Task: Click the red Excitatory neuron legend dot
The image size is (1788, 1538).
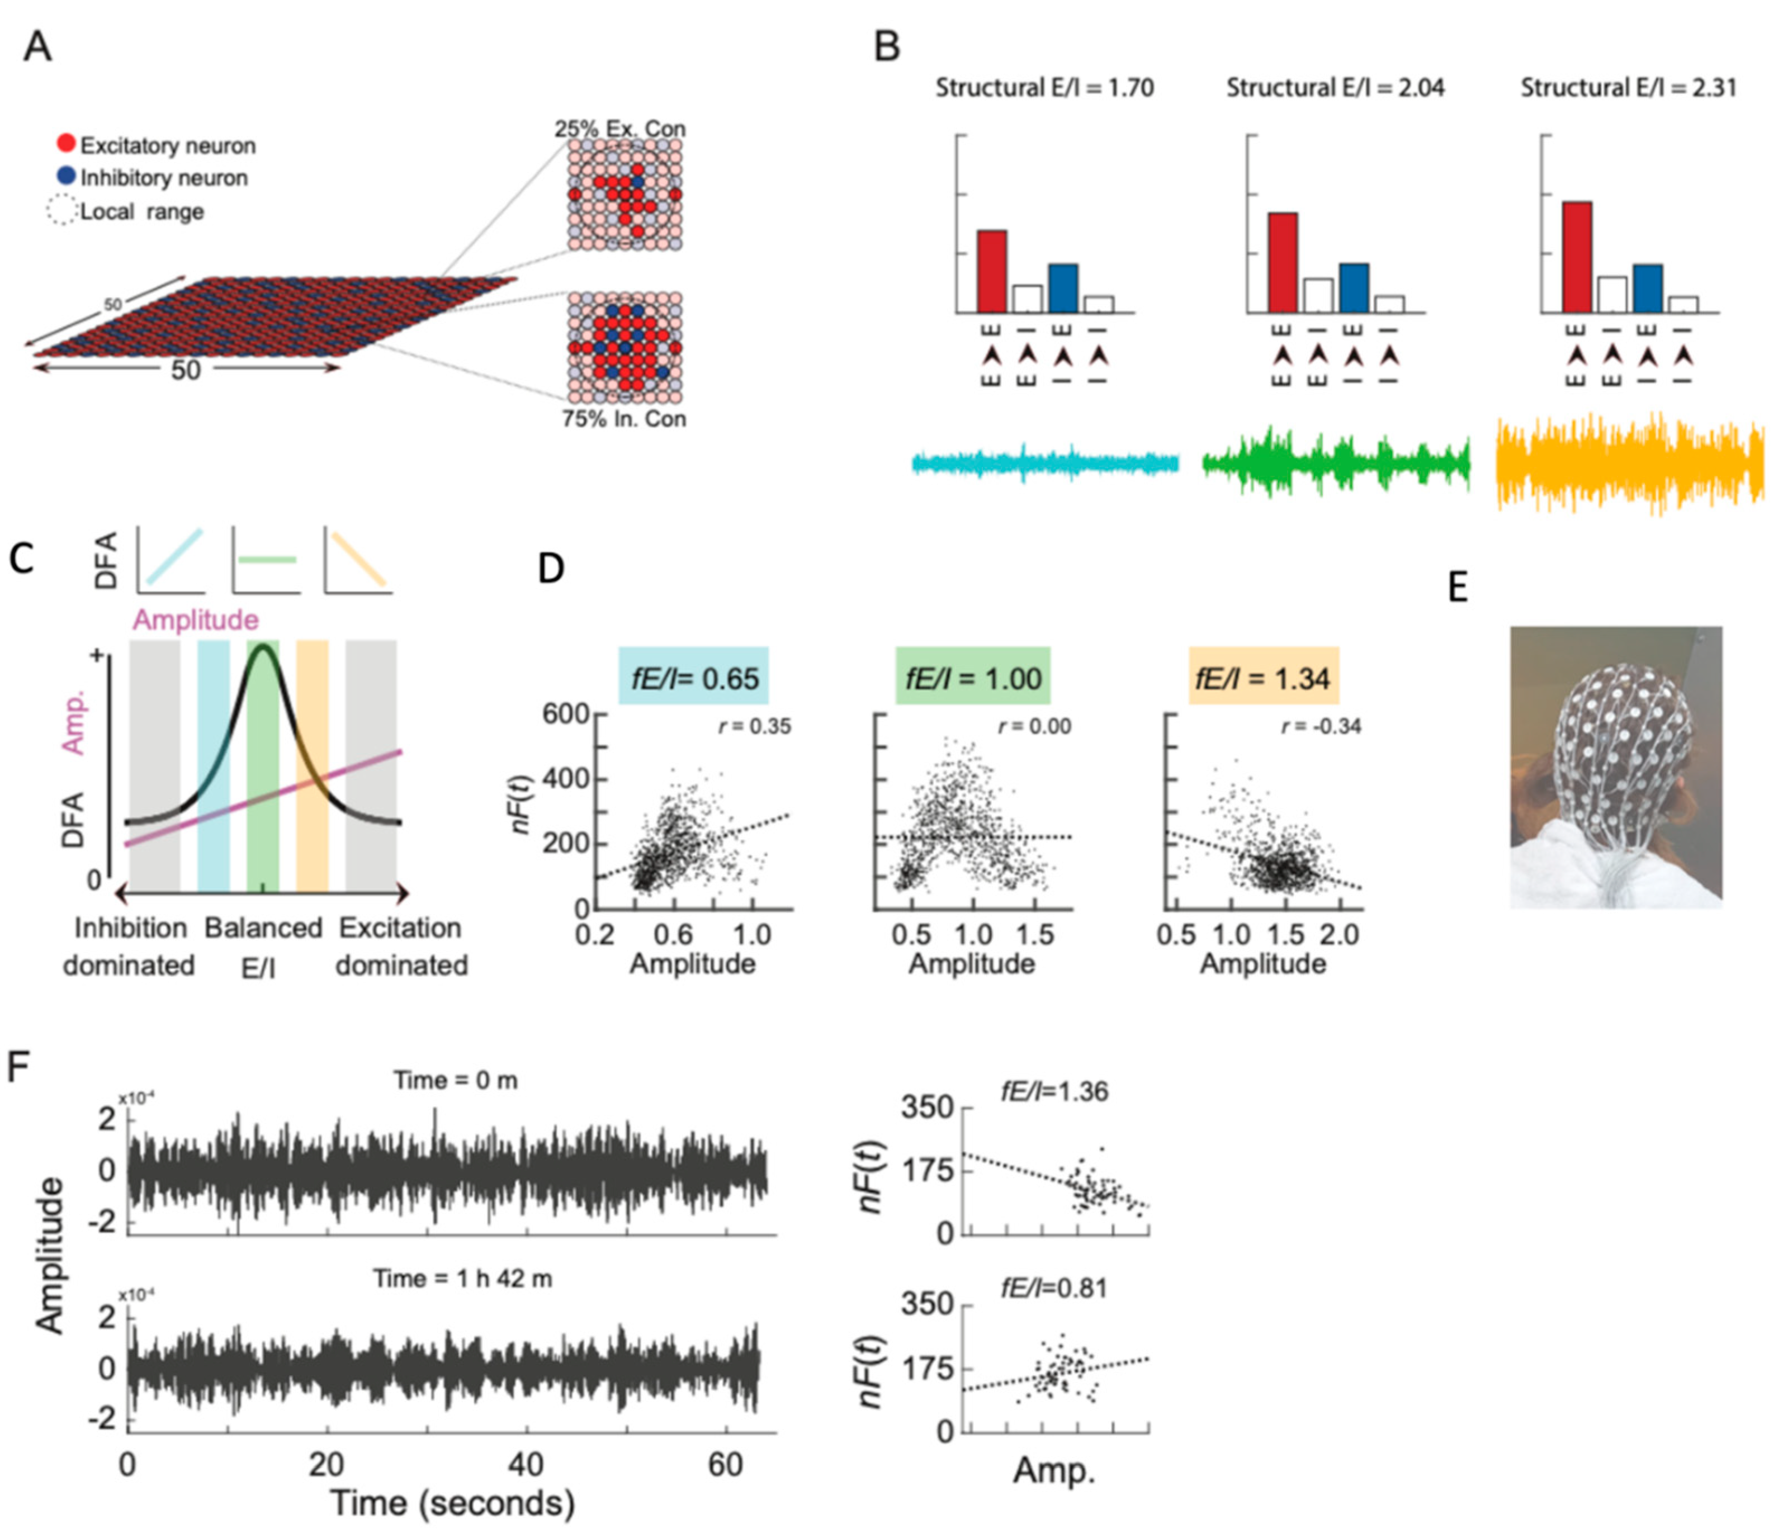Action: coord(67,143)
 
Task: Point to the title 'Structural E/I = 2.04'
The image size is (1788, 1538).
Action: coord(1335,88)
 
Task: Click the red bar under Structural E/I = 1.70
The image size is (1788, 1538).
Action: coord(991,271)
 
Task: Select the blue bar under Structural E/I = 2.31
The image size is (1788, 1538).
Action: coord(1647,288)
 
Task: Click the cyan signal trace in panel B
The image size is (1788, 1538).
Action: coord(1044,463)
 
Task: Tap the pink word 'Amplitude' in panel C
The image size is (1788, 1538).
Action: coord(195,619)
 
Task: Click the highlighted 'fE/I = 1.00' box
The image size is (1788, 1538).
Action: coord(972,678)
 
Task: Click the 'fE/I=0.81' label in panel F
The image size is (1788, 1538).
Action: coord(1054,1289)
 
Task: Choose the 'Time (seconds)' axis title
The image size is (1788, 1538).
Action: coord(453,1503)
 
